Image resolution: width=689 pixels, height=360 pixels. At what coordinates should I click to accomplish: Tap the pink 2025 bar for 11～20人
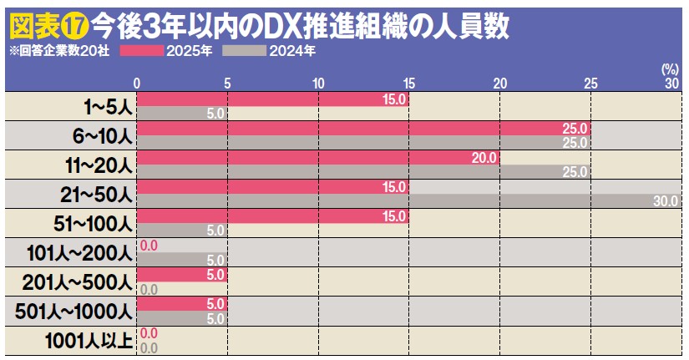point(318,157)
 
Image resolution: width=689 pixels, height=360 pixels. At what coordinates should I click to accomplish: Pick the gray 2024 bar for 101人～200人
point(182,259)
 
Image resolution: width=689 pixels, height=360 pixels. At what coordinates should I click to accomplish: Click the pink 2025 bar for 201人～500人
point(182,274)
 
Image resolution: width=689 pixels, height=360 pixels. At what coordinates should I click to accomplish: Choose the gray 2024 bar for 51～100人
point(182,230)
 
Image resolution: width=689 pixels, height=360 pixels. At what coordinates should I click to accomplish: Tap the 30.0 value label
point(666,201)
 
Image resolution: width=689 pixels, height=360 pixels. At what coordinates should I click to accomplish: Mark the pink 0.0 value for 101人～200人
point(149,245)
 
